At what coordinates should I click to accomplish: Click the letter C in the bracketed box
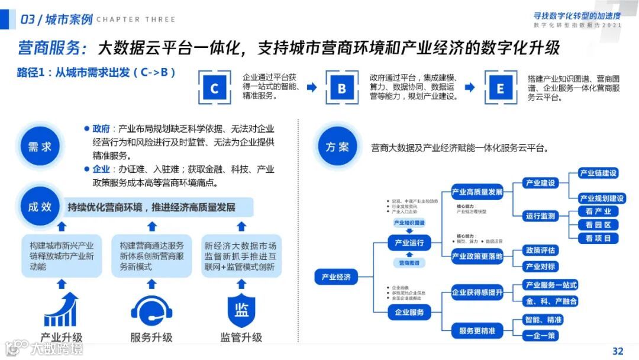[214, 89]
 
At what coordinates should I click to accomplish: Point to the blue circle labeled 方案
[337, 146]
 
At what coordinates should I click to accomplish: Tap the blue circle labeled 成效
[40, 207]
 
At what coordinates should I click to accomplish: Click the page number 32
[618, 351]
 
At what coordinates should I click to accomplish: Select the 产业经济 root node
[336, 277]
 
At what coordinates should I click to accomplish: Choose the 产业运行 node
[409, 243]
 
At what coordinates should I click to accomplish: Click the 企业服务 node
[409, 312]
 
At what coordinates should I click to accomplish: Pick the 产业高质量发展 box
[477, 192]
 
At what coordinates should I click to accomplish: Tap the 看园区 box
[598, 225]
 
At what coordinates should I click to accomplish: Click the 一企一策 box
[541, 336]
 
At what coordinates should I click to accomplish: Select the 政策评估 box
[541, 250]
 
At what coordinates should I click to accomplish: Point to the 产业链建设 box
[598, 173]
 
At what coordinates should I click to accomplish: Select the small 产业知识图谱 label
[409, 223]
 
